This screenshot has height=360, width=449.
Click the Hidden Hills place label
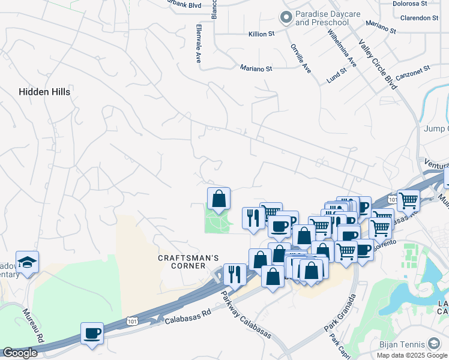click(44, 92)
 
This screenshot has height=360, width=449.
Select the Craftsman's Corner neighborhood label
click(188, 262)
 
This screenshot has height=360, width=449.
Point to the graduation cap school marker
click(27, 262)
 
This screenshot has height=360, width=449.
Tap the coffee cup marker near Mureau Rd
click(92, 333)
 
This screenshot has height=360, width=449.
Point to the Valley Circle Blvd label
click(378, 64)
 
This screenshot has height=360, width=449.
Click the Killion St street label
click(261, 34)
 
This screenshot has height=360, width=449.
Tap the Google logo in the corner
click(20, 353)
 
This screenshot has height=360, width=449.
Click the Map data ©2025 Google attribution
click(411, 355)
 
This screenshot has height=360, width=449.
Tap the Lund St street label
click(337, 75)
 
